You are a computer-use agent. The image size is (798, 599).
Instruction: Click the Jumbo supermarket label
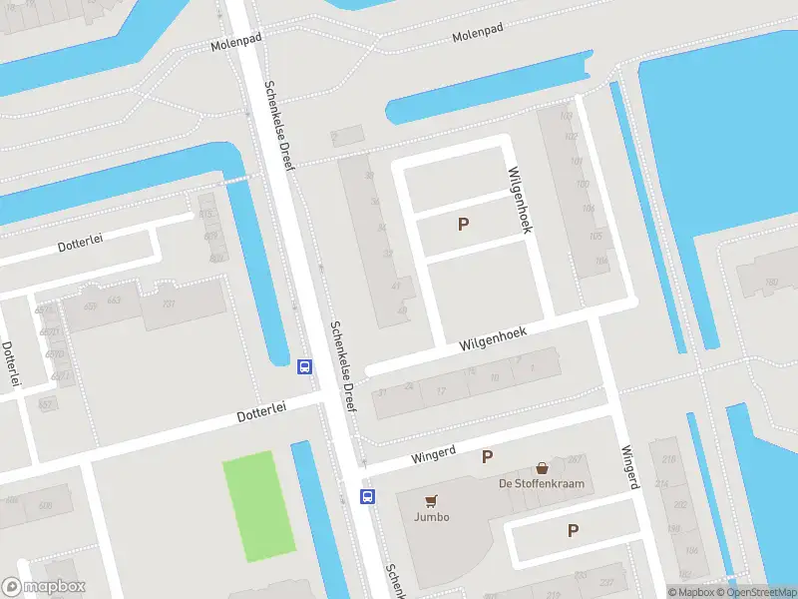[x=432, y=516]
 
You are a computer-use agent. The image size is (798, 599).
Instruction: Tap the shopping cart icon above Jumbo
[x=432, y=500]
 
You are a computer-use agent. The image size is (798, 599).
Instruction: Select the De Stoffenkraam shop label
[x=542, y=484]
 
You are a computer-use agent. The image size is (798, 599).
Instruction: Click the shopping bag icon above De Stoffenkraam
[x=542, y=467]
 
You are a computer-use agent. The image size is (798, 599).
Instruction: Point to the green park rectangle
[x=259, y=506]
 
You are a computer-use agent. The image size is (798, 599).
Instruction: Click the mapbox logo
[x=44, y=587]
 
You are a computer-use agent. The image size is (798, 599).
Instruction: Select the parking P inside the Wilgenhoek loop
[x=463, y=225]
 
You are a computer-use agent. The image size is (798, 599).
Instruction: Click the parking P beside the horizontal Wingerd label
[x=488, y=457]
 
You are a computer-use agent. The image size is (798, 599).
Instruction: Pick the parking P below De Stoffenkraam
[x=573, y=531]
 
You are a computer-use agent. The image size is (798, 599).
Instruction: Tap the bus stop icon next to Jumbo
[x=367, y=496]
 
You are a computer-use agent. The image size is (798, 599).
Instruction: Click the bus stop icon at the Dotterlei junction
[x=304, y=366]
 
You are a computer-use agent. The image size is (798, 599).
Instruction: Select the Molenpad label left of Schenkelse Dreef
[x=234, y=45]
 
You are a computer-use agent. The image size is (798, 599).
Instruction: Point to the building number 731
[x=169, y=303]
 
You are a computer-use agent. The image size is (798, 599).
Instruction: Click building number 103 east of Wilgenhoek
[x=569, y=139]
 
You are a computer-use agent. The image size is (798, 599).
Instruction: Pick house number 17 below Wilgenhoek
[x=440, y=389]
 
